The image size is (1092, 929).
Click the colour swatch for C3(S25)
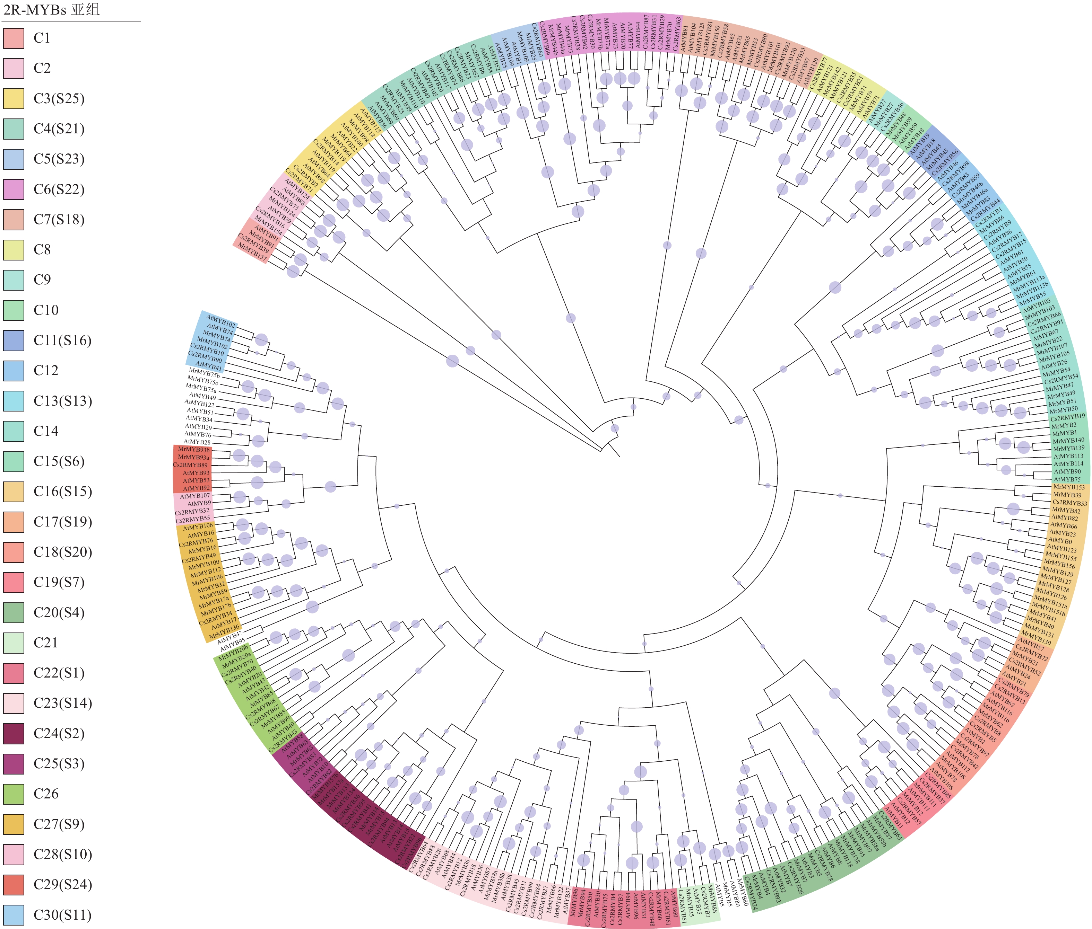pos(14,98)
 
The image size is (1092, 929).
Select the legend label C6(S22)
pos(59,189)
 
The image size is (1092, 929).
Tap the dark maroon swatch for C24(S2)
pos(14,734)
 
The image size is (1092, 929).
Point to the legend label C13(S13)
pos(63,401)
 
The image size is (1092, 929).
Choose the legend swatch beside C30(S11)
pos(14,915)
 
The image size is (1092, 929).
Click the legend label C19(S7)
pos(59,583)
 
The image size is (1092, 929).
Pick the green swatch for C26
pos(14,794)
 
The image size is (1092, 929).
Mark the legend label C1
pos(42,38)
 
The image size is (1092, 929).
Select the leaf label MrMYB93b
pos(193,450)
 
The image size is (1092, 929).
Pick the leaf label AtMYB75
pos(1067,479)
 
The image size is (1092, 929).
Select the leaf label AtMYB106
pos(198,527)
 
